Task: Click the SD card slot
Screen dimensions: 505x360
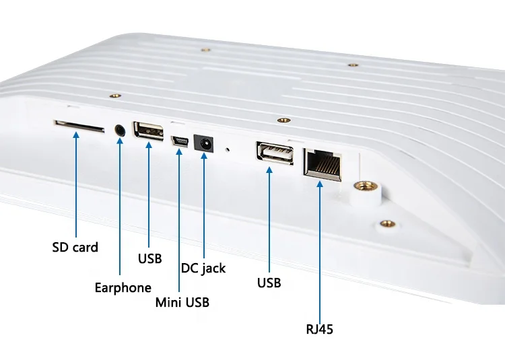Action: [x=79, y=126]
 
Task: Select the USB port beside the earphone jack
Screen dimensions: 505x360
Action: [x=149, y=130]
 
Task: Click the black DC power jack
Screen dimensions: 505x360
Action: [x=202, y=143]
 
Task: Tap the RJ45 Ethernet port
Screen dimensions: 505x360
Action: [x=323, y=163]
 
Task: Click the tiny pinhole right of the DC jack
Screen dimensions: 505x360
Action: [x=228, y=149]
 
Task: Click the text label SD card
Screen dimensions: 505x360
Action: [x=75, y=247]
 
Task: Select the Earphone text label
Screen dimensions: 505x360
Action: [x=123, y=288]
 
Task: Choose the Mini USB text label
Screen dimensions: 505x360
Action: [x=182, y=302]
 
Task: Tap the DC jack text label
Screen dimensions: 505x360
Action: [x=203, y=268]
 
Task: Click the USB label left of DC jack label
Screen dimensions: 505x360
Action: [x=149, y=258]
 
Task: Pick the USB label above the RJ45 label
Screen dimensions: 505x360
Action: [x=269, y=283]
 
